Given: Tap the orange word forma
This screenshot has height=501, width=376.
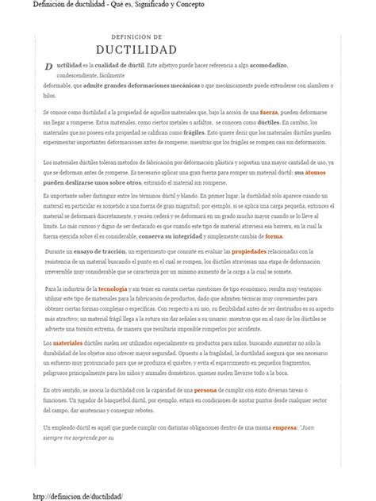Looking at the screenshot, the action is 274,236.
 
